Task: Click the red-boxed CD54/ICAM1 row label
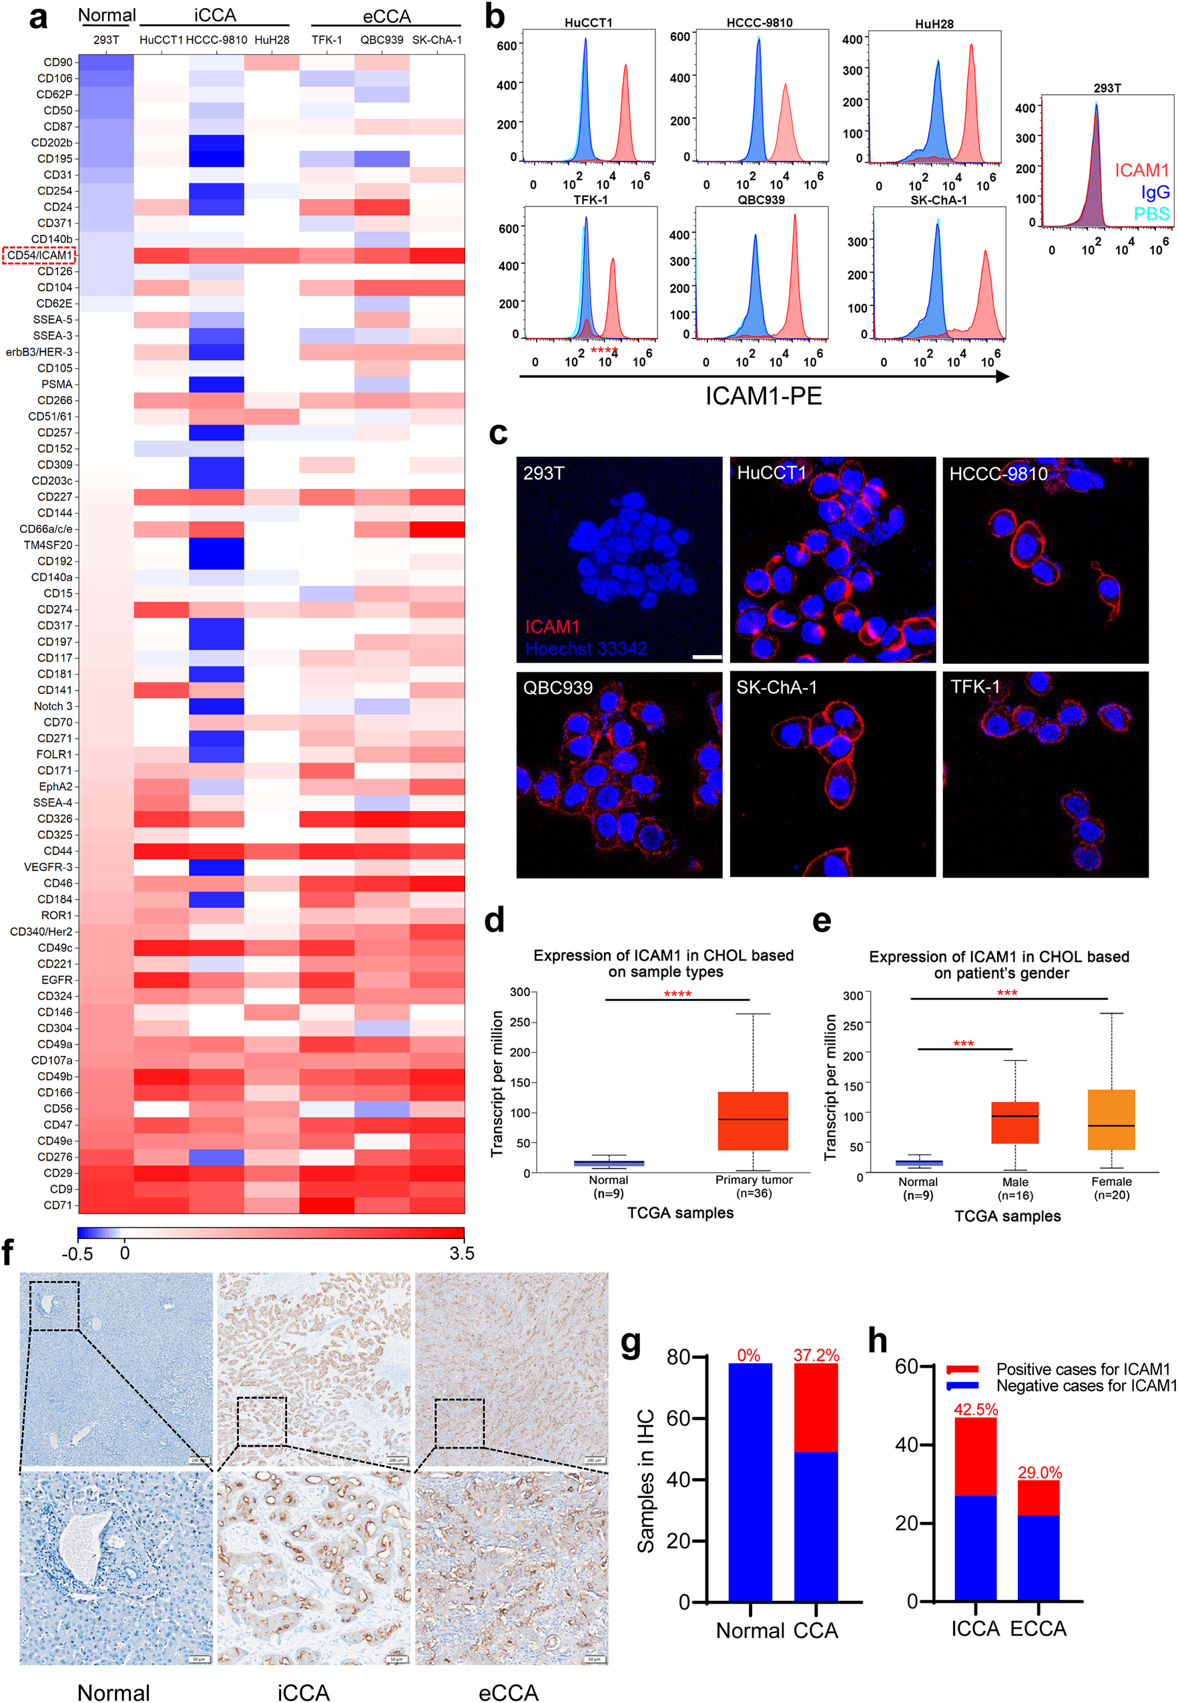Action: click(x=39, y=256)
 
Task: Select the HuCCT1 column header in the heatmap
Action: click(x=161, y=40)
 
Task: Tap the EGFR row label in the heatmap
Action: click(x=57, y=980)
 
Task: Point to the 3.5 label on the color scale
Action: click(x=461, y=1254)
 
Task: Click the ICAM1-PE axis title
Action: click(x=763, y=397)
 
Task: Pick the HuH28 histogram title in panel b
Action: click(x=934, y=24)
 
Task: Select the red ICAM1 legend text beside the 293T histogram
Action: click(x=1141, y=170)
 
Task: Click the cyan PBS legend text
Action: click(x=1151, y=214)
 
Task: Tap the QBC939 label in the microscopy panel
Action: click(x=557, y=689)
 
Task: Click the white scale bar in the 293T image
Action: click(x=706, y=656)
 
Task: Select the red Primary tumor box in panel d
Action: click(x=752, y=1121)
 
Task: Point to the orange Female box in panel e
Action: click(x=1111, y=1119)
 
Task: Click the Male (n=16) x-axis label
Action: click(x=1015, y=1188)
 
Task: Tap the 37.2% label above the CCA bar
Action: click(x=816, y=1355)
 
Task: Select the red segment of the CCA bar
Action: click(x=816, y=1408)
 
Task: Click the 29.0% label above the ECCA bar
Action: click(x=1039, y=1473)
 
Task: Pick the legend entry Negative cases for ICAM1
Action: click(x=1085, y=1386)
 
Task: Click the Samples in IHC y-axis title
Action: click(x=646, y=1481)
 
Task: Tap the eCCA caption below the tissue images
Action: click(x=508, y=1692)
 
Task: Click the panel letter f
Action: click(x=9, y=1254)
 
